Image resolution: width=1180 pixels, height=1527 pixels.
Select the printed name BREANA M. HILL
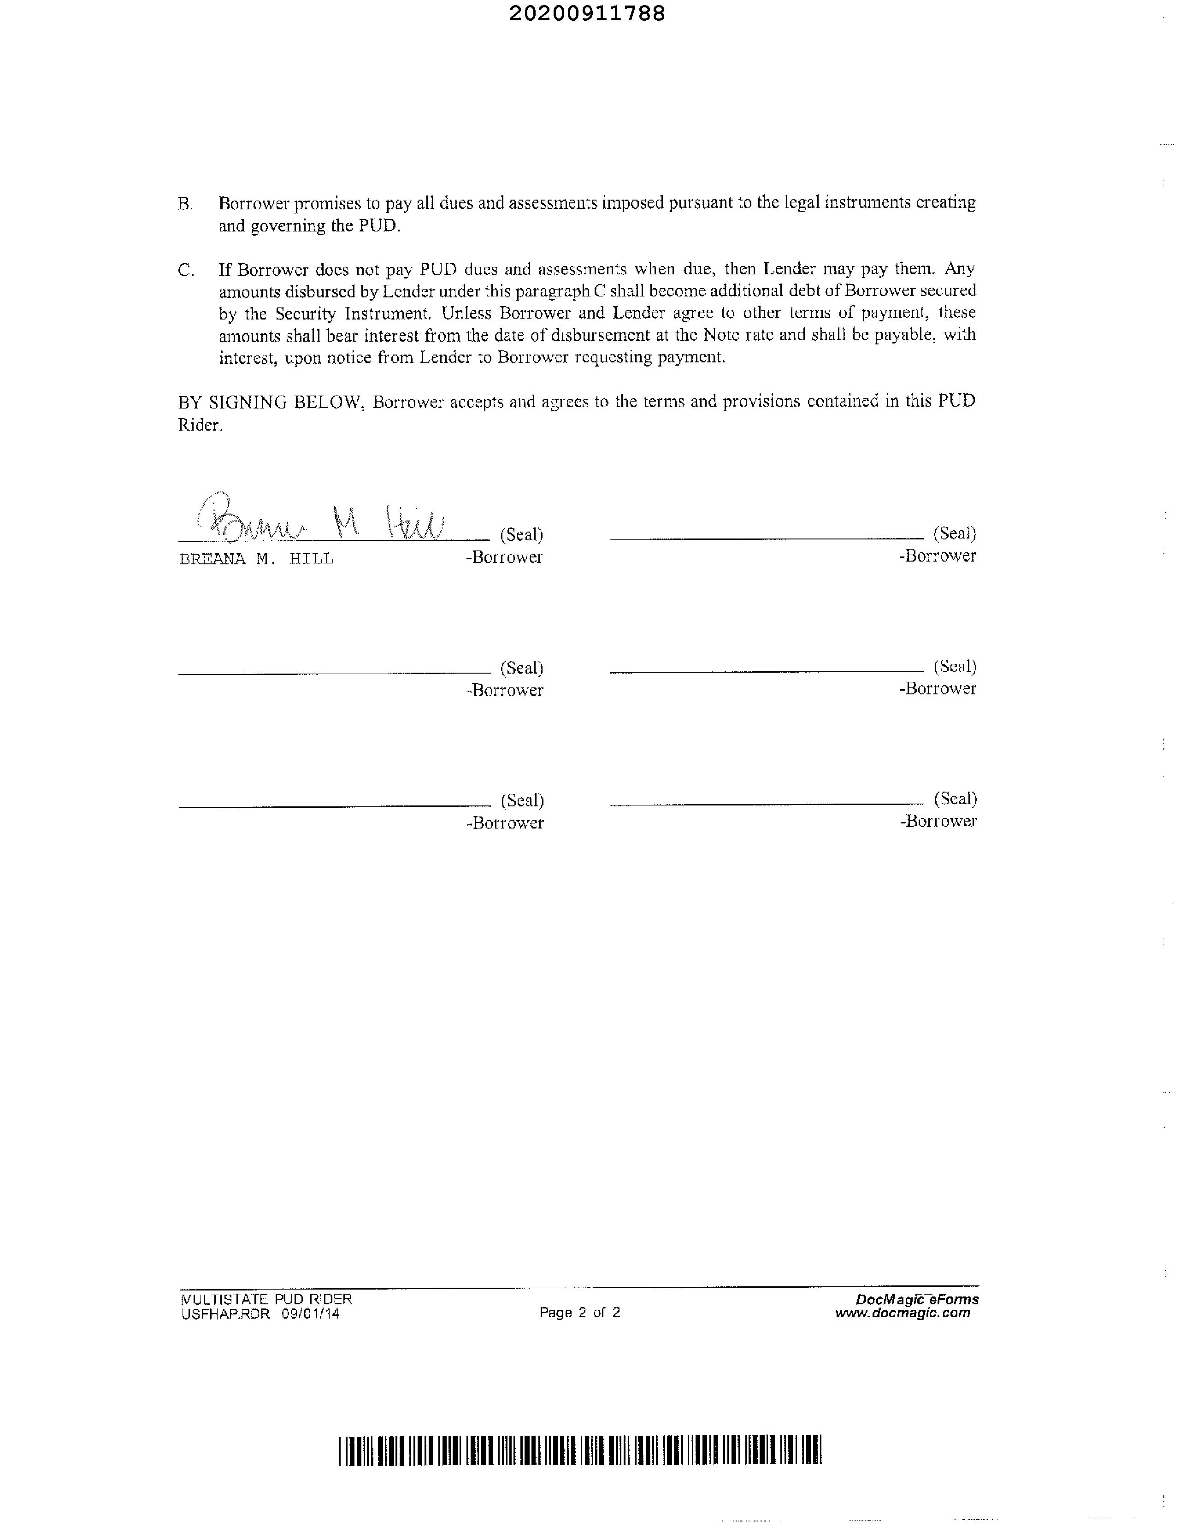(x=257, y=559)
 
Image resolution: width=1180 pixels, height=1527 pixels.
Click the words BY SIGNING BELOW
(x=271, y=402)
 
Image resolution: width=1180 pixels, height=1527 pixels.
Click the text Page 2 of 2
(x=579, y=1312)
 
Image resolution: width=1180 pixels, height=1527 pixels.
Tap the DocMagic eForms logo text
(x=916, y=1299)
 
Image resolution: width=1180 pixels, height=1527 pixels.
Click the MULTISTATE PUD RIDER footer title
(x=266, y=1299)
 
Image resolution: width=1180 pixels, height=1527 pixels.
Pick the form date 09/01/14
(x=311, y=1314)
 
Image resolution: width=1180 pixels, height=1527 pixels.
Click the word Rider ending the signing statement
(x=199, y=425)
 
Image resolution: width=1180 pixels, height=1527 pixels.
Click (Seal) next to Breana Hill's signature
(x=521, y=535)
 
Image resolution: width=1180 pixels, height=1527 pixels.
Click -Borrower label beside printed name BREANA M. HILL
(x=504, y=557)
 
